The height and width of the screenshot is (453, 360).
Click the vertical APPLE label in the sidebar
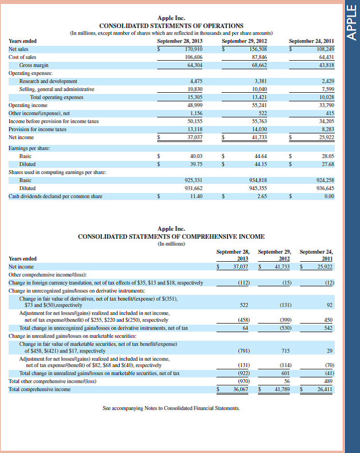tap(352, 25)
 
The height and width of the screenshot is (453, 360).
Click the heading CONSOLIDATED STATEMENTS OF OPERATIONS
tap(171, 26)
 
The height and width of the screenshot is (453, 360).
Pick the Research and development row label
tap(48, 81)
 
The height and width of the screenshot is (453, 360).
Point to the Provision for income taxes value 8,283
tap(326, 129)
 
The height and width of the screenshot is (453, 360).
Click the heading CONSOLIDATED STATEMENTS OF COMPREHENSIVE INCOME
tap(171, 236)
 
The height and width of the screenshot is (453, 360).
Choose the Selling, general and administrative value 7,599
tap(326, 89)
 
